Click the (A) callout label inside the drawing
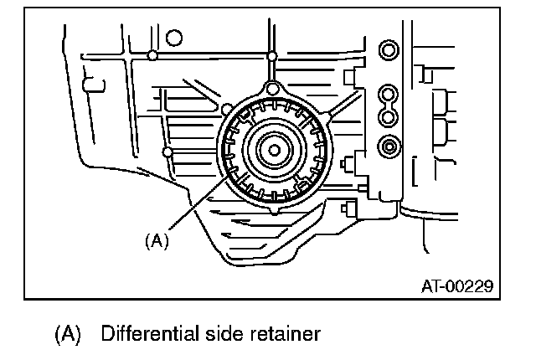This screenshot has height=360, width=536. pos(157,240)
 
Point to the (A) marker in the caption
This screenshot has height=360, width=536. pos(69,335)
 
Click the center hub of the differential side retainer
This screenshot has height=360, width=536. pos(274,151)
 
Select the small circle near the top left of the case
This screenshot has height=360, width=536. pos(174,37)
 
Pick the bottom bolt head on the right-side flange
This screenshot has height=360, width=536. pos(389,147)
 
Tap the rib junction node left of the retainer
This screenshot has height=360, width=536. pos(168,152)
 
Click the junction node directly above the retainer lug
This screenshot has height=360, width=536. pos(271,56)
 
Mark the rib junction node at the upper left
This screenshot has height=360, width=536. pos(152,56)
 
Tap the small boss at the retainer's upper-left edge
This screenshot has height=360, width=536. pos(226,106)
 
